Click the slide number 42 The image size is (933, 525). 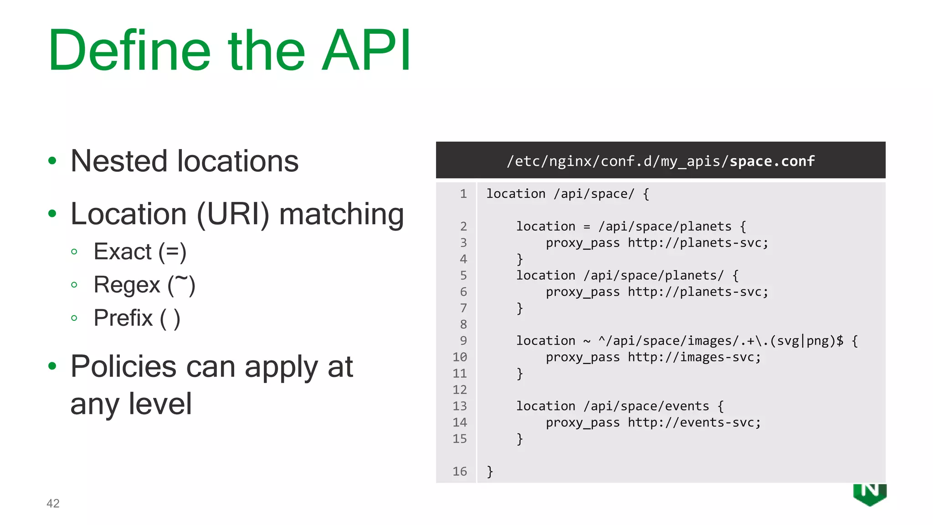point(53,503)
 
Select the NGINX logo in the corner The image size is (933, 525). point(870,494)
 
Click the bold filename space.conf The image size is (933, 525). point(772,161)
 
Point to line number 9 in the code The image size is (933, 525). point(463,340)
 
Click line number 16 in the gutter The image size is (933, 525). point(460,471)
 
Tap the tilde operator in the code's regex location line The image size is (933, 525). point(587,341)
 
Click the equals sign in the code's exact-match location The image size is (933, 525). point(587,226)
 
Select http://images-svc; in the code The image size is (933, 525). point(694,357)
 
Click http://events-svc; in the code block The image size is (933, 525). point(694,422)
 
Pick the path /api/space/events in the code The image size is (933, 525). point(646,406)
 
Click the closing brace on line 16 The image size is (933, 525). point(490,471)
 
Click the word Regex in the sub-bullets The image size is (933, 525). point(127,285)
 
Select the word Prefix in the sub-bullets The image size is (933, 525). point(123,318)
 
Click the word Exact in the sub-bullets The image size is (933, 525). point(122,252)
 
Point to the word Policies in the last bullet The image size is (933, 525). point(123,366)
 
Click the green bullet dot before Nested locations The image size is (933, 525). point(52,161)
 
